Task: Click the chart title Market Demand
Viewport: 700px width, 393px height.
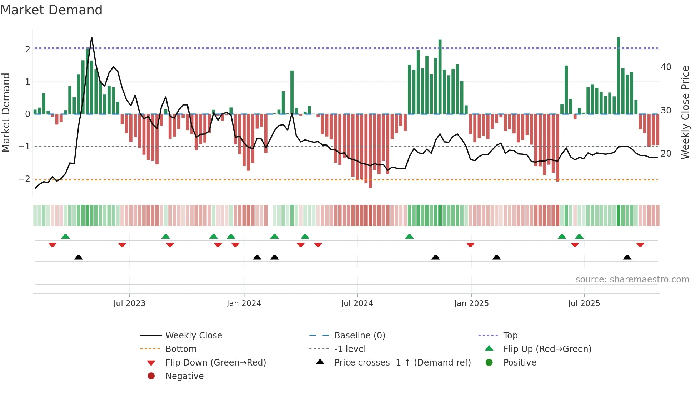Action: tap(51, 10)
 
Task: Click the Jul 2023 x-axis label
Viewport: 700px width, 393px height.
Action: tap(129, 303)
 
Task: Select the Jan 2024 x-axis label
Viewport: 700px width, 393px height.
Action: tap(244, 303)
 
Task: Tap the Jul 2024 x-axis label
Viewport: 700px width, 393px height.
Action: tap(357, 303)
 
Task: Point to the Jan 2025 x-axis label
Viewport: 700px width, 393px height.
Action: tap(471, 303)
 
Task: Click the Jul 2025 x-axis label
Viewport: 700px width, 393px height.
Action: tap(584, 303)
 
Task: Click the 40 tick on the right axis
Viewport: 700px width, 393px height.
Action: tap(666, 67)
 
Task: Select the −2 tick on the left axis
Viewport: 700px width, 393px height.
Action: tap(25, 179)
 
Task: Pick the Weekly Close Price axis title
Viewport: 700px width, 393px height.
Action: tap(685, 112)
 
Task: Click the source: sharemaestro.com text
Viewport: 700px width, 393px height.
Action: tap(632, 280)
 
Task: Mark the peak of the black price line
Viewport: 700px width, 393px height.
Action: tap(92, 37)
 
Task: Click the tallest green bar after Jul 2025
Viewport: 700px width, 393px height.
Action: tap(619, 76)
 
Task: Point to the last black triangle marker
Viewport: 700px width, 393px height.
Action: tap(627, 257)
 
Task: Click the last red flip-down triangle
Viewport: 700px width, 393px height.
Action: tap(640, 245)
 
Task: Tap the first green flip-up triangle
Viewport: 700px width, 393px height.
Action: tap(65, 236)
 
